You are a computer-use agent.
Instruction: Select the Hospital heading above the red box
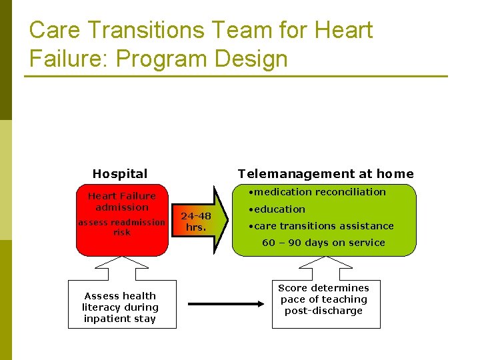pos(120,174)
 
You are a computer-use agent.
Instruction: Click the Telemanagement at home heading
pos(325,174)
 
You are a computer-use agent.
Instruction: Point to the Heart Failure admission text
pos(122,201)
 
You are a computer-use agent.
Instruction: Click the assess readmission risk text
pos(121,227)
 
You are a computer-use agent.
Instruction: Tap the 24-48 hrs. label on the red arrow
pos(196,221)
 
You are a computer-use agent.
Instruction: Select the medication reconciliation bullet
pos(316,192)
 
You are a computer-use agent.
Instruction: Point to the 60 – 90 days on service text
pos(323,243)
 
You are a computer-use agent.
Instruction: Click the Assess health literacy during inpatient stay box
pos(121,307)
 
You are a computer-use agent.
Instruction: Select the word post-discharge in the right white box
pos(323,311)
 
